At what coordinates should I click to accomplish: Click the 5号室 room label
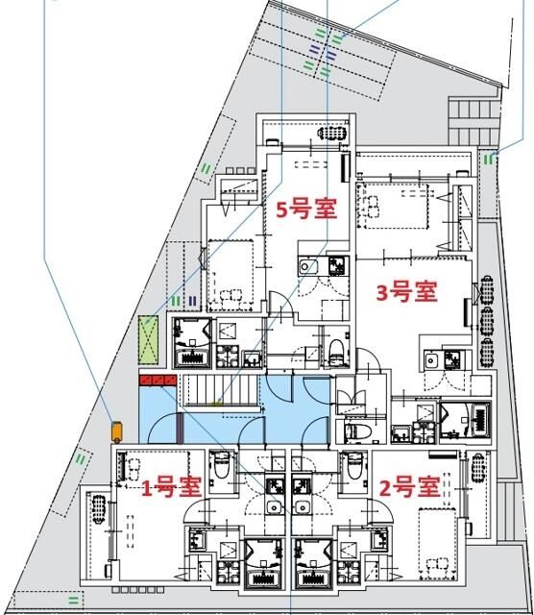click(306, 209)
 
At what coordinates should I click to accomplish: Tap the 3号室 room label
click(406, 291)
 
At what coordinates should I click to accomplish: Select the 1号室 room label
click(172, 487)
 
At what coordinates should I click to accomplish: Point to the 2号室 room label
click(408, 487)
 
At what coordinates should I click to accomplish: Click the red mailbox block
click(158, 381)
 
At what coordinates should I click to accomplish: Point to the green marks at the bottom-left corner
click(72, 599)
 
